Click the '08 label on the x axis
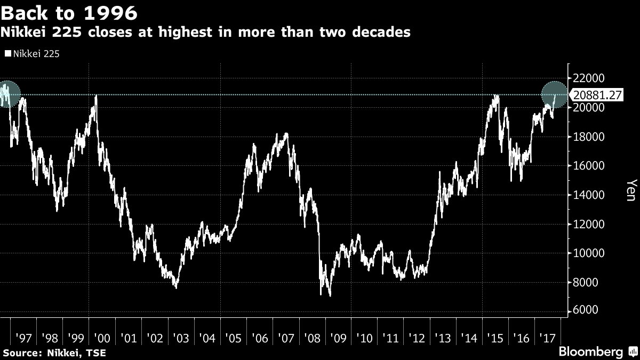[x=312, y=339]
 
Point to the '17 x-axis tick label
[x=548, y=339]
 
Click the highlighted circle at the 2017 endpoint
[x=555, y=95]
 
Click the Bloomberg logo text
[x=590, y=352]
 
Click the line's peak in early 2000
[x=96, y=97]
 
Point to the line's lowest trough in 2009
[x=330, y=295]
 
